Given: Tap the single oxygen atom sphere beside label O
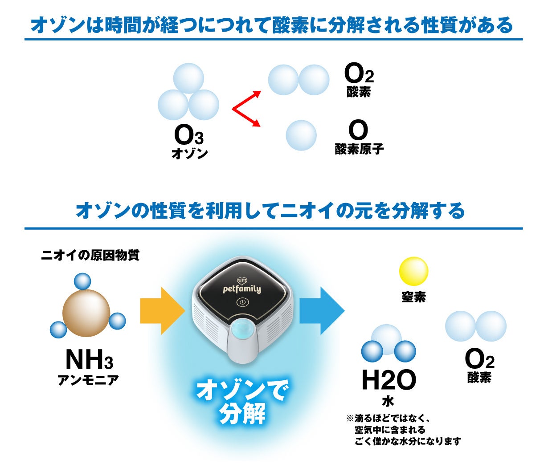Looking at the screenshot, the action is [x=301, y=135].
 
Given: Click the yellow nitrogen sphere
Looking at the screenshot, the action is [x=413, y=271].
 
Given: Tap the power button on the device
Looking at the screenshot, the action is [x=243, y=302].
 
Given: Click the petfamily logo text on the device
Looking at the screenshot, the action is [x=242, y=289].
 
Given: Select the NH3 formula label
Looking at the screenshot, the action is [x=89, y=359].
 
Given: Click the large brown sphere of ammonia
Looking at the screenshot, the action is [x=86, y=313].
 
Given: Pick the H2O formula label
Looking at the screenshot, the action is [x=389, y=380].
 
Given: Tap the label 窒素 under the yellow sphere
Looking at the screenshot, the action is [x=413, y=297].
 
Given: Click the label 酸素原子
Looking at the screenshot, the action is [x=359, y=149].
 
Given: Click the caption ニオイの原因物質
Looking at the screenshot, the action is [x=90, y=255].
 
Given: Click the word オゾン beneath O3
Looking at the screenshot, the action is [x=190, y=154].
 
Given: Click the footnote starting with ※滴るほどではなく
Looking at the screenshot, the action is [x=403, y=430].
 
